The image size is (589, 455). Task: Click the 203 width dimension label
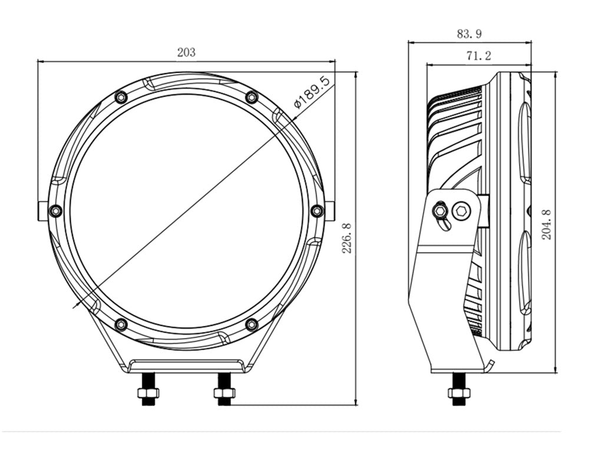coord(186,52)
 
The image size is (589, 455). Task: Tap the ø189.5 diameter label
coord(312,92)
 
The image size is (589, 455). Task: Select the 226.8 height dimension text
coord(346,239)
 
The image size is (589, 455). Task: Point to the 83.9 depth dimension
coord(469,34)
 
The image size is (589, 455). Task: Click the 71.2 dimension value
coord(478,56)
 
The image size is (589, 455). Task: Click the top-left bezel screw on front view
coord(121,97)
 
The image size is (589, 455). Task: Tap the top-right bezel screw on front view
coord(252,97)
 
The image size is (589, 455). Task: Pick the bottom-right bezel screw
coord(252,324)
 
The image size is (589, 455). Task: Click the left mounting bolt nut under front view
coord(148,393)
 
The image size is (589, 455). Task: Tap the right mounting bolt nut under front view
coord(224,393)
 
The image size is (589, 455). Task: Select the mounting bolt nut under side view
coord(459,393)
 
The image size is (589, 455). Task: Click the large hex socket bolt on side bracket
coord(461,211)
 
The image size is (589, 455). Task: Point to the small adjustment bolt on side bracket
coord(440,209)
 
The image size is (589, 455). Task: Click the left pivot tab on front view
coord(43,211)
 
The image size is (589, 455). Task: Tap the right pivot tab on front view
coord(330,211)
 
